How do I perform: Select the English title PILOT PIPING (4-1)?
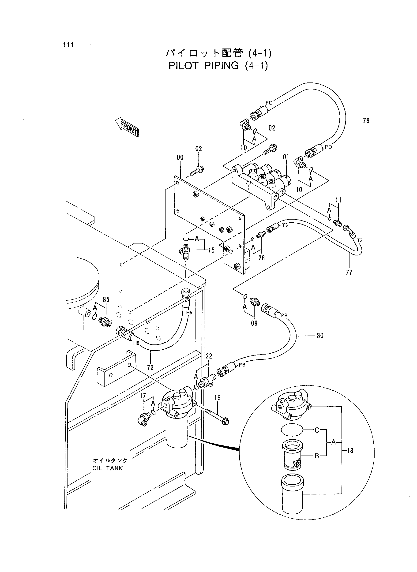(218, 66)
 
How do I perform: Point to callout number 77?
(349, 272)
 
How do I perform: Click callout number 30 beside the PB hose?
(320, 336)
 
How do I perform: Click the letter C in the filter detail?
(317, 430)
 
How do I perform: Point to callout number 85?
(106, 300)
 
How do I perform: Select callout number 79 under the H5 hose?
(150, 368)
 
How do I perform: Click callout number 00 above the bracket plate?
(180, 158)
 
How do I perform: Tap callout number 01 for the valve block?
(286, 157)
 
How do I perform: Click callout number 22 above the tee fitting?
(209, 356)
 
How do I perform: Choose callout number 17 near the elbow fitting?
(143, 396)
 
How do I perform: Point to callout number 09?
(254, 323)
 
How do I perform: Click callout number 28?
(262, 258)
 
